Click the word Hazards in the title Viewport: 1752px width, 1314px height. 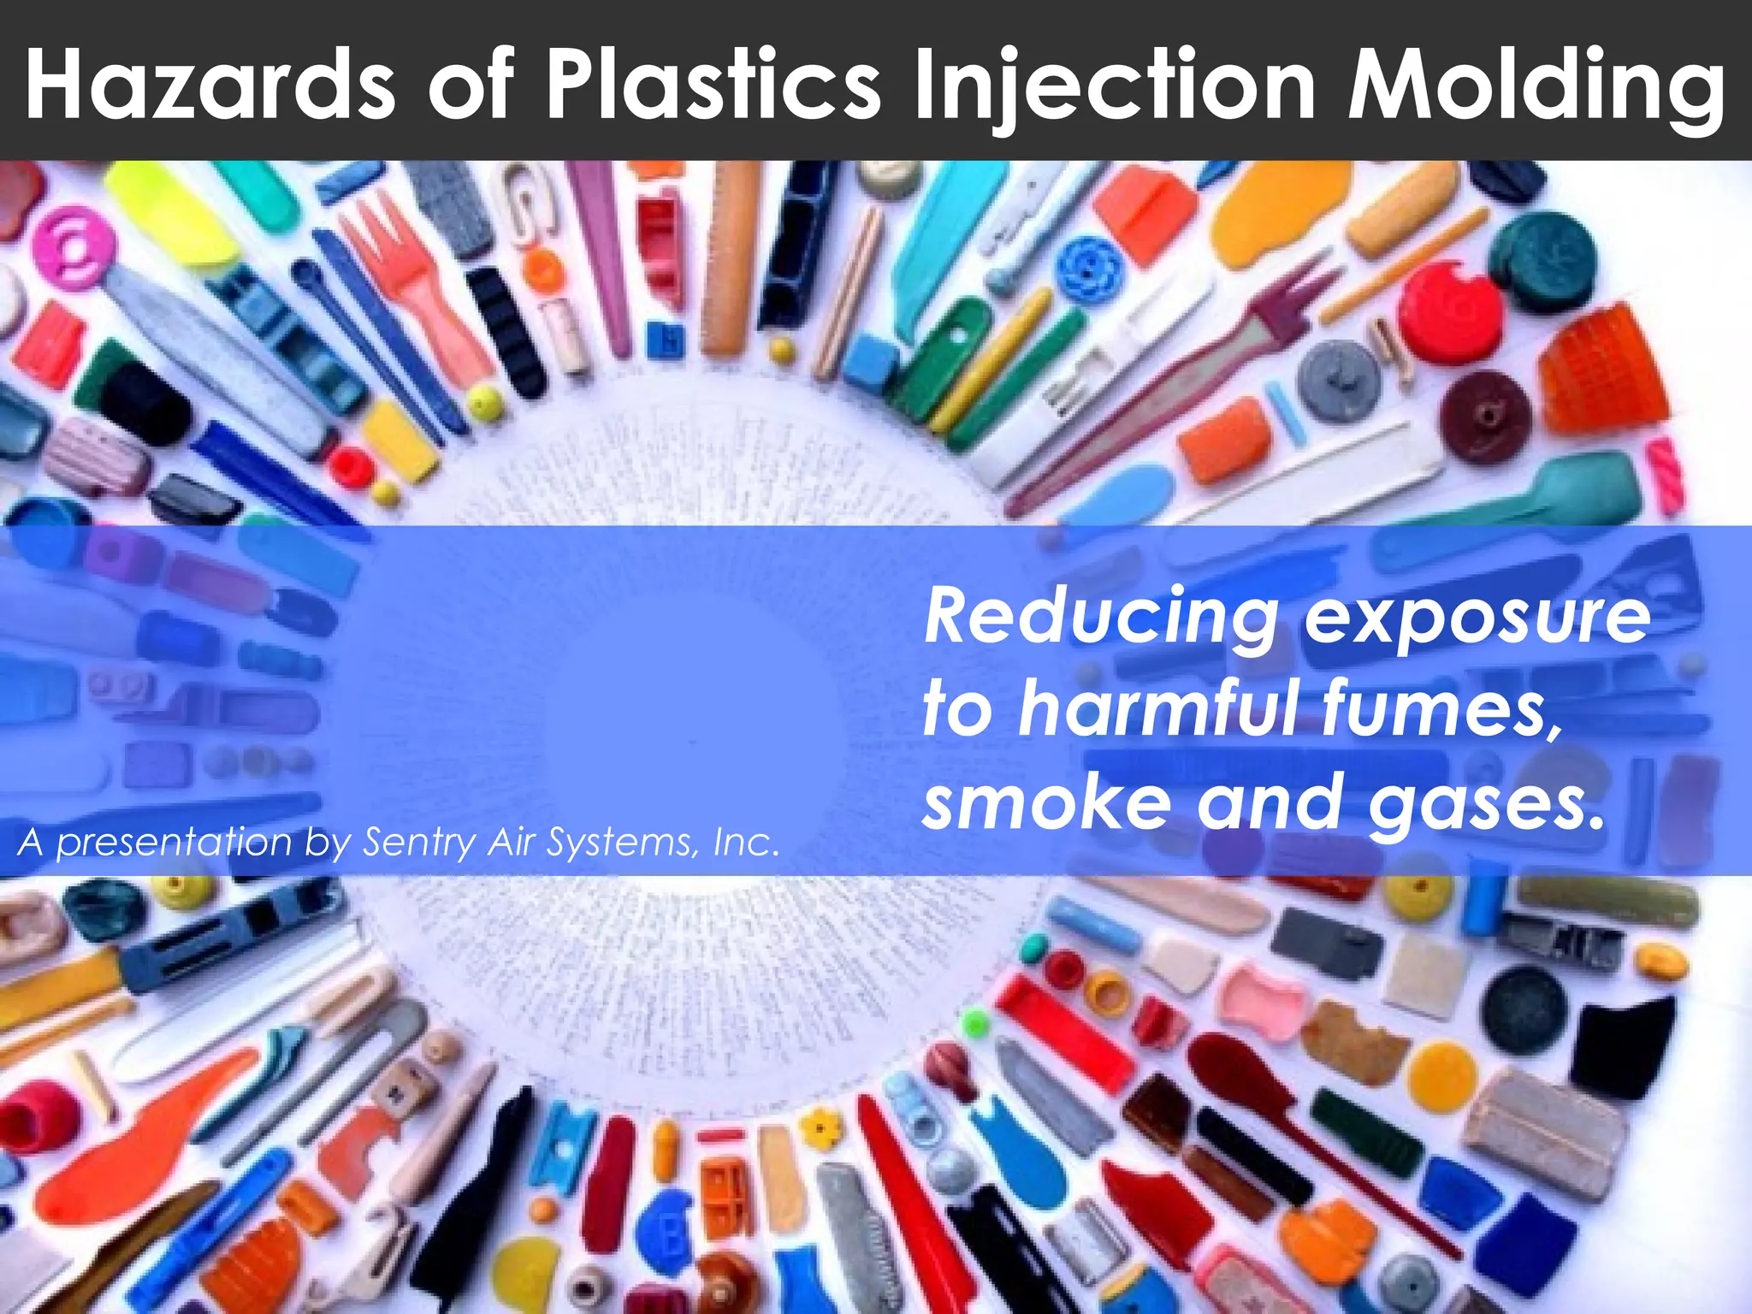[210, 84]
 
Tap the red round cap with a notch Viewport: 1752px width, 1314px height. [1451, 310]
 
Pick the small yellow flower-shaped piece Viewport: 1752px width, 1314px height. [823, 1128]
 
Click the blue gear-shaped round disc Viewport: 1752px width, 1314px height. [1085, 262]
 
